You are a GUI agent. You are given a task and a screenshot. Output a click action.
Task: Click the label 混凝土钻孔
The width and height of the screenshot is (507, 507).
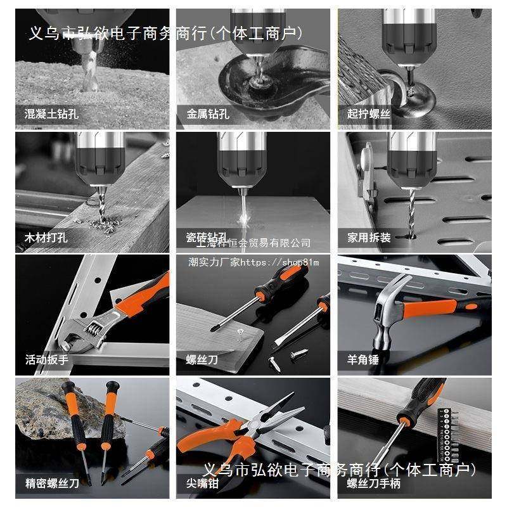52,115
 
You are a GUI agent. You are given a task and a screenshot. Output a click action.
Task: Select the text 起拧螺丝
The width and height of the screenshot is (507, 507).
369,115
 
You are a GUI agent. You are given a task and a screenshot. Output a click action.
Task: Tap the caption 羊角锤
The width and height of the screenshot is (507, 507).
363,360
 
